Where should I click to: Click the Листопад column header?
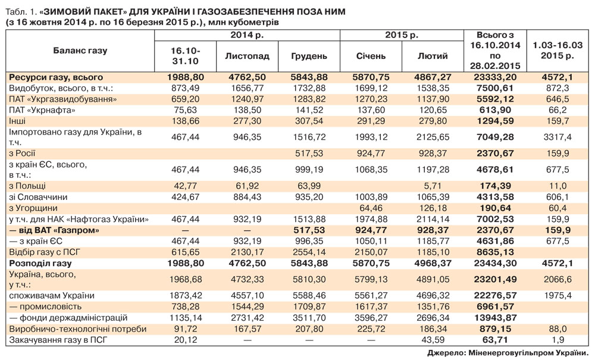[248, 56]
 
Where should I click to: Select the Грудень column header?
[309, 56]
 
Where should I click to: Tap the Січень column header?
[371, 56]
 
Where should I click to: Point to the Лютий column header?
[433, 56]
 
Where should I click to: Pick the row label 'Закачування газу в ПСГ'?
[52, 340]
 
